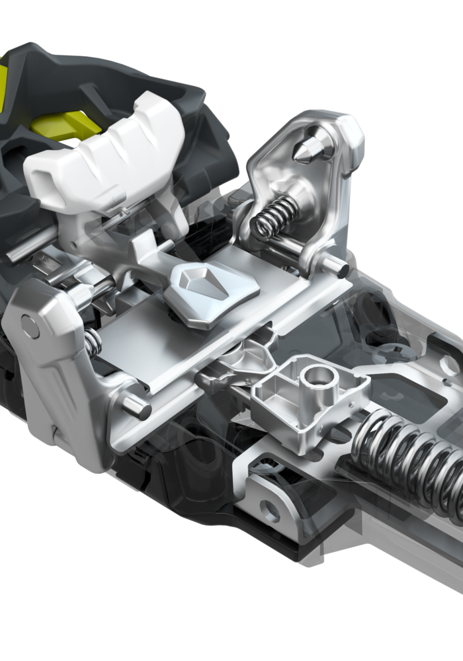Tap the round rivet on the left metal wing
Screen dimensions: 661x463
(30, 325)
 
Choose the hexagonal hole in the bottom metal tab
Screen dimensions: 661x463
(269, 510)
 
